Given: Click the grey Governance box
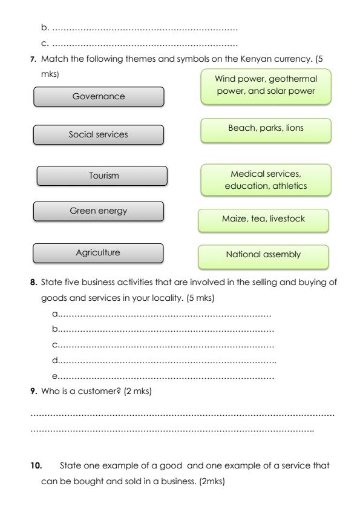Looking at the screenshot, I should tap(98, 97).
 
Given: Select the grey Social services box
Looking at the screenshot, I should tap(98, 134).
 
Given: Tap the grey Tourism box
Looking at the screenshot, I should tap(102, 176).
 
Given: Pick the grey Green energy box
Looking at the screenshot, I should tap(98, 211).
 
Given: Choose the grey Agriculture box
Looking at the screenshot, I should tap(98, 253).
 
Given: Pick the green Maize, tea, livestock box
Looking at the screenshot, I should tap(263, 219).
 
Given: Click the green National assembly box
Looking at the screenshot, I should tap(263, 255).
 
